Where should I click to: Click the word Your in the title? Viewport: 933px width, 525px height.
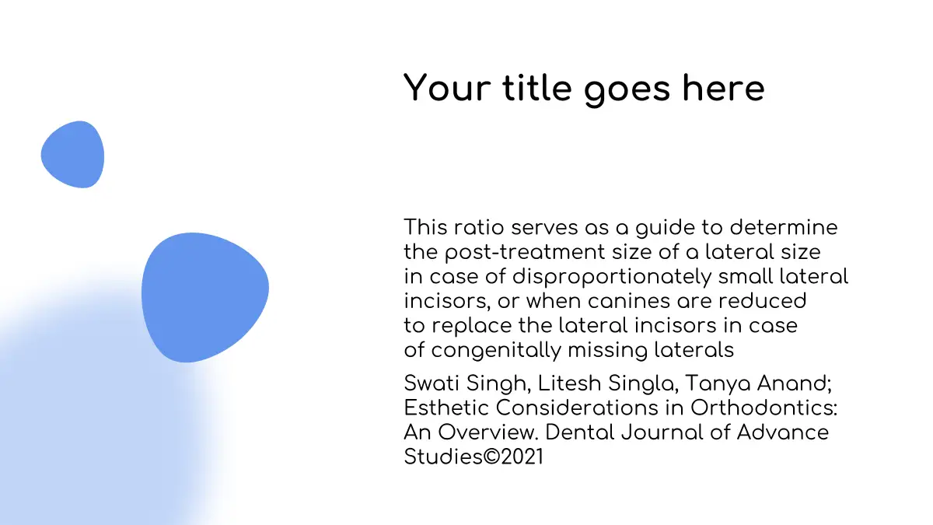tap(447, 88)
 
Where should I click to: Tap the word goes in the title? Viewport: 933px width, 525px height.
tap(627, 90)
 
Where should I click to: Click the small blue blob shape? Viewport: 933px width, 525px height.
tap(73, 155)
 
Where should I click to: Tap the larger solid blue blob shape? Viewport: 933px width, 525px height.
tap(205, 297)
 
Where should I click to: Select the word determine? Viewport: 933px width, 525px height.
tap(784, 227)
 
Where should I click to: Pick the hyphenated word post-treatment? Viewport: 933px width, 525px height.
tap(526, 253)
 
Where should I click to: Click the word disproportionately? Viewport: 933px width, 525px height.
tap(612, 278)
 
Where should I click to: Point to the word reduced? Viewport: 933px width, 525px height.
tap(763, 301)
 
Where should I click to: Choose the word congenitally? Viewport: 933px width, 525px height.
tap(496, 351)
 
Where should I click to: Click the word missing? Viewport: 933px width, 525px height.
tap(608, 351)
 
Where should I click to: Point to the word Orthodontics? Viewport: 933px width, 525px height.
tap(764, 408)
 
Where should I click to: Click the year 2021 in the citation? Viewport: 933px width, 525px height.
tap(522, 457)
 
